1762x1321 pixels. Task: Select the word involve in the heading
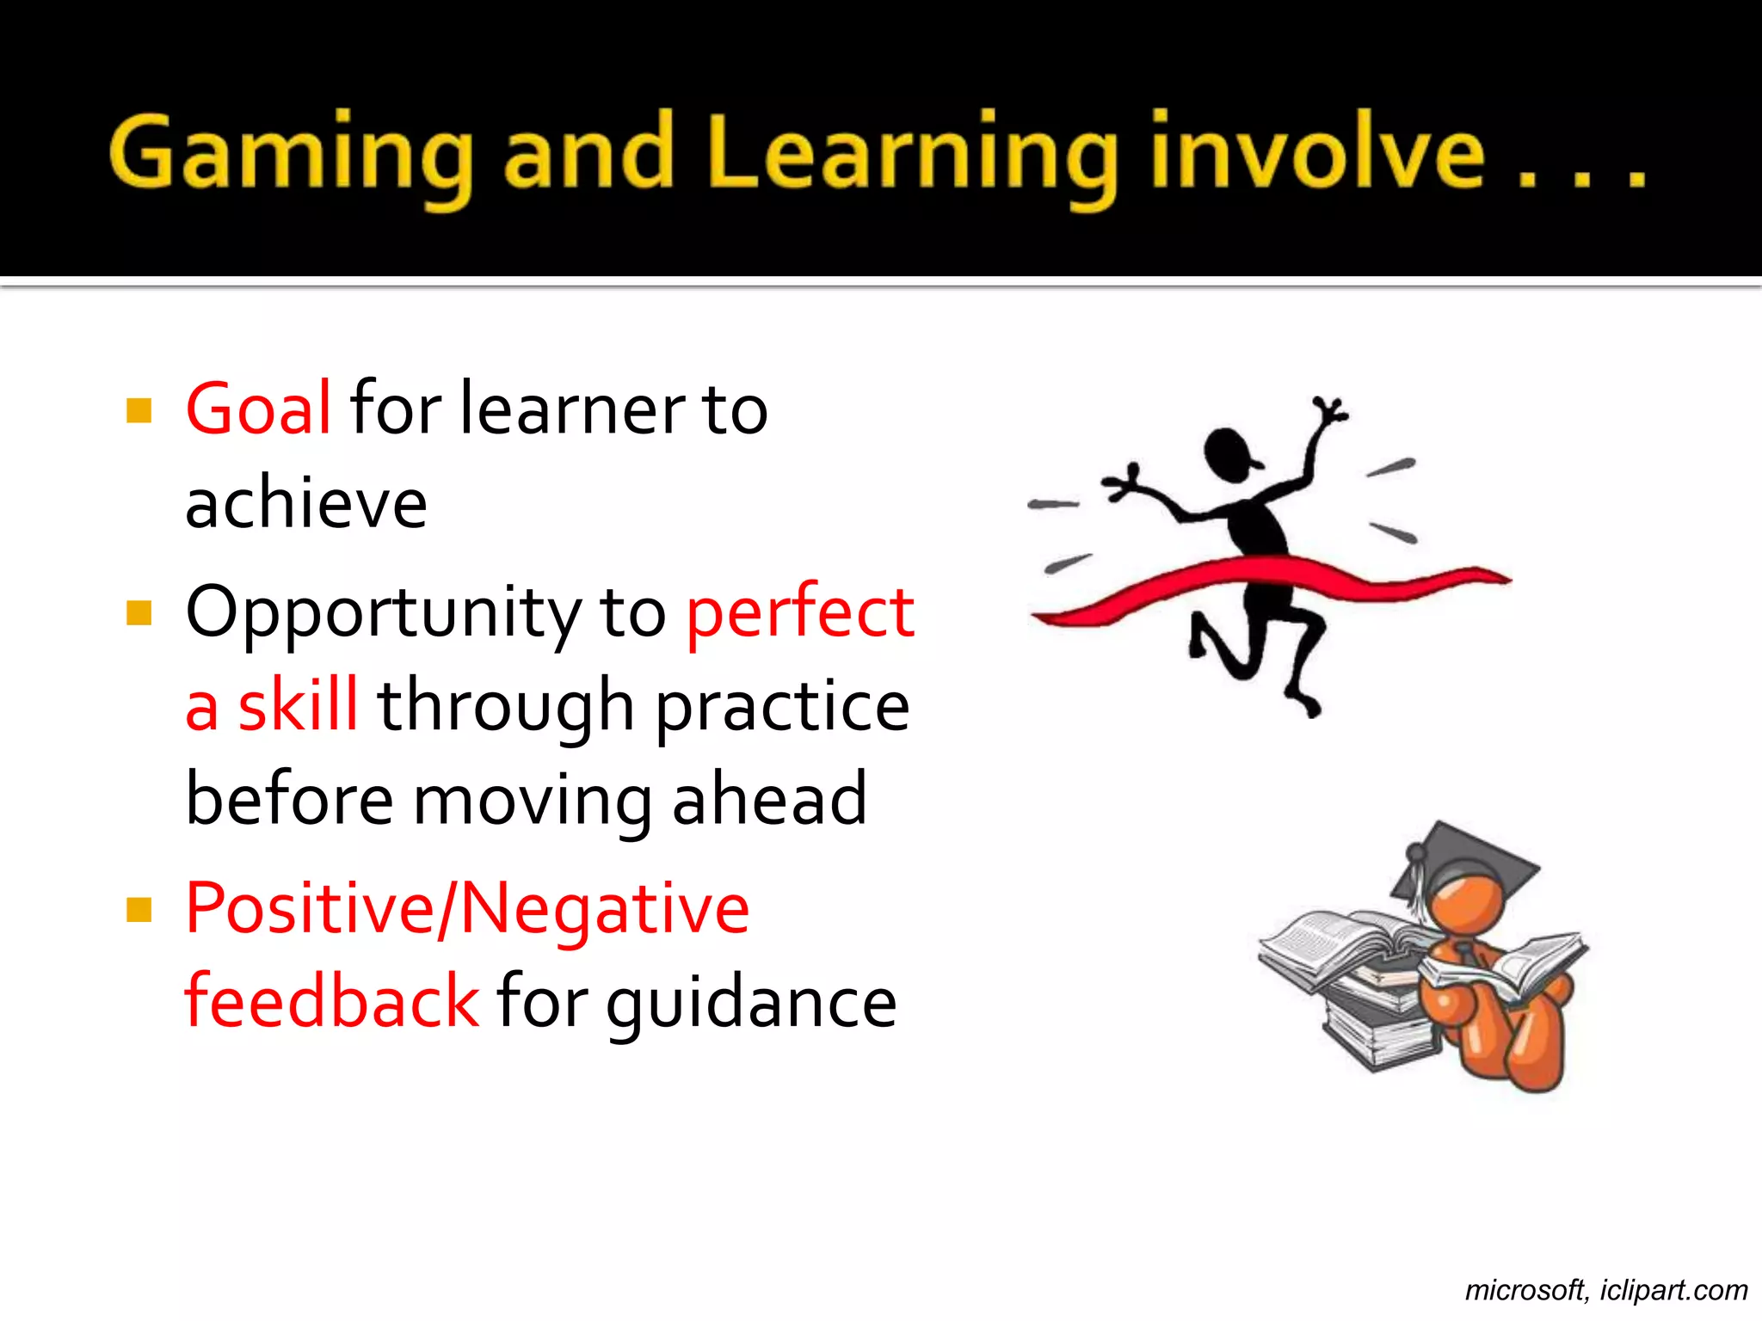[1316, 153]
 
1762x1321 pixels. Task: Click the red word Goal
[258, 409]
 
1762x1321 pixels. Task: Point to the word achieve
[306, 503]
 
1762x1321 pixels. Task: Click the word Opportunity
[384, 612]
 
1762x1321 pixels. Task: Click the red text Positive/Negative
[467, 909]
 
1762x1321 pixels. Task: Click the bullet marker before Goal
[139, 410]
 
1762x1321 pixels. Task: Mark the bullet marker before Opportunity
[139, 613]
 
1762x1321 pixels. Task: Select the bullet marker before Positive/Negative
[139, 910]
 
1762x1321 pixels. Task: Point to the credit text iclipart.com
[1673, 1290]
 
